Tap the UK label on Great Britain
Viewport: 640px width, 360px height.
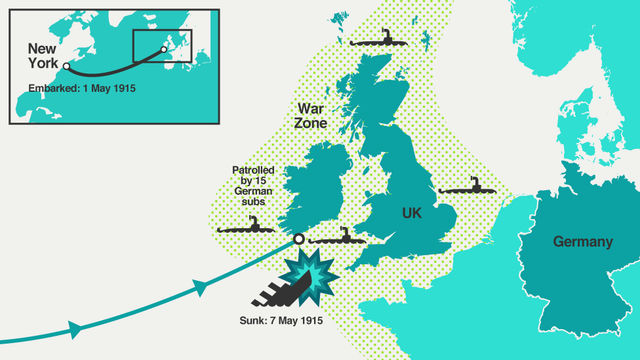pyautogui.click(x=413, y=213)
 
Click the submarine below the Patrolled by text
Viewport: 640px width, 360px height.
pyautogui.click(x=246, y=228)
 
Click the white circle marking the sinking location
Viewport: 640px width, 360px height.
pyautogui.click(x=298, y=239)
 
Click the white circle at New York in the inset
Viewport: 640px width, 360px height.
pyautogui.click(x=66, y=68)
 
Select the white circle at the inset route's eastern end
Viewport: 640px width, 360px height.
pyautogui.click(x=164, y=48)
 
